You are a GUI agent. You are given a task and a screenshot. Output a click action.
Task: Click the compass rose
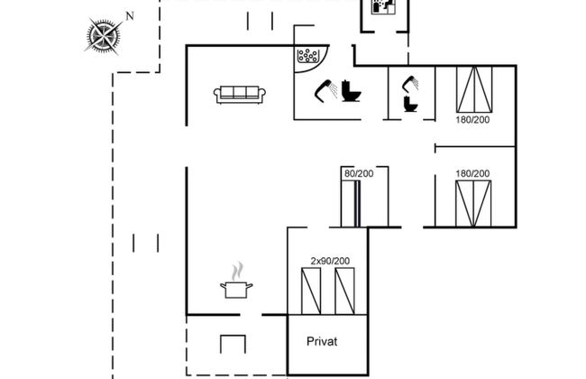105,35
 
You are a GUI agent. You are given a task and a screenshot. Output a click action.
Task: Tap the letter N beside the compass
130,15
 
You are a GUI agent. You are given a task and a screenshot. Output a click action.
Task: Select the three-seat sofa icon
238,93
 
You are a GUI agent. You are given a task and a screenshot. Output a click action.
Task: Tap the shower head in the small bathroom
410,83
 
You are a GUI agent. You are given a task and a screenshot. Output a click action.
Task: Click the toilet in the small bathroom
411,104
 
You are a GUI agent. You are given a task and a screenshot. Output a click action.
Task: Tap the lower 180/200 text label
473,173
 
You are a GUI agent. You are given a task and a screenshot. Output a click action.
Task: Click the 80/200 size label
358,172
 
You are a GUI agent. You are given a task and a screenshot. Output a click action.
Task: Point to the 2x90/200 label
329,261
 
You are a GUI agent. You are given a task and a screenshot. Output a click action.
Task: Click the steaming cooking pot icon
237,283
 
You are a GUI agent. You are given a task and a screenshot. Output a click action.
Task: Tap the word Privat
323,341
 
